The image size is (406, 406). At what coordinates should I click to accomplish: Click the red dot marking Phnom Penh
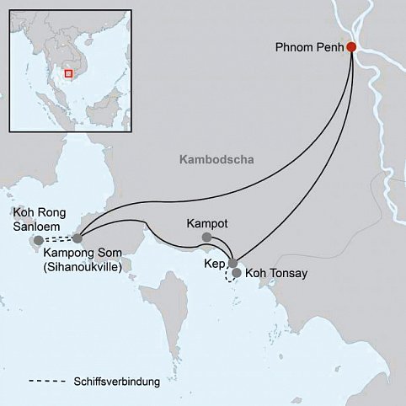351,48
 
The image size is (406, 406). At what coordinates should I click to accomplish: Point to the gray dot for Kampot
206,238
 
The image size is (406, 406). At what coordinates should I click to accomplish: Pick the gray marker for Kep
232,264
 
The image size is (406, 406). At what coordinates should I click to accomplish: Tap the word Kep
214,264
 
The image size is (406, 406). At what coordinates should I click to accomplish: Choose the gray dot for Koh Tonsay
237,274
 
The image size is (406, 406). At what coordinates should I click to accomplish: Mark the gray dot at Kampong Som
77,239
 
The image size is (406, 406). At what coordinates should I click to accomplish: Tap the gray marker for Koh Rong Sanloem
38,241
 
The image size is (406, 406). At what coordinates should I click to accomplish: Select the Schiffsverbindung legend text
116,383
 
